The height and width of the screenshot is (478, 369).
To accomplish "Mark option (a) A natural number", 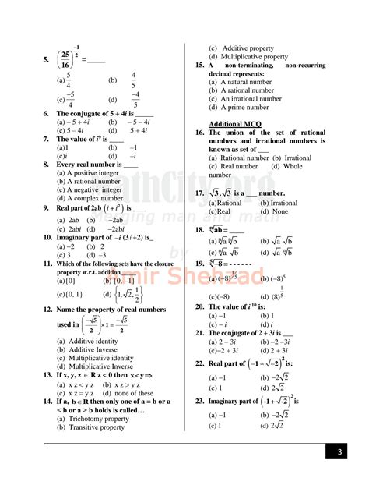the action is [x=245, y=81].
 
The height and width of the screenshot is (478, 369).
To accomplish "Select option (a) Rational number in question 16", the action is [x=239, y=158].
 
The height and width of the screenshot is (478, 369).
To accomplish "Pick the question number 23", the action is [x=200, y=401].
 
